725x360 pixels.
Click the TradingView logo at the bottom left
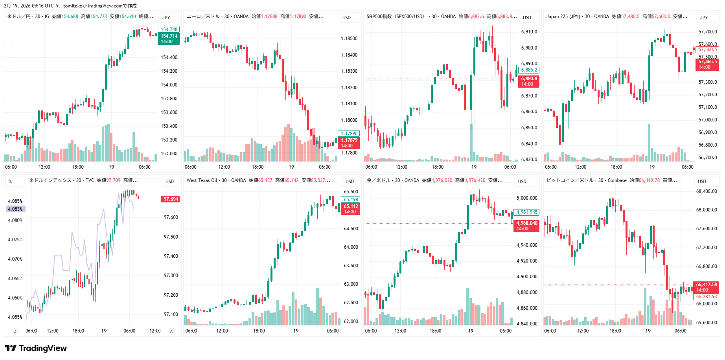[36, 348]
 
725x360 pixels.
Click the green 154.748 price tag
[169, 29]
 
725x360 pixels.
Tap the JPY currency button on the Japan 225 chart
[704, 17]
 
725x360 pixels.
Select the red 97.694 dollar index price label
[171, 199]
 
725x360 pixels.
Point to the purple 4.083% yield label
[15, 209]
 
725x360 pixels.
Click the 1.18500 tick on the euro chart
[349, 39]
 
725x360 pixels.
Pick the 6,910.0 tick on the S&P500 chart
[529, 32]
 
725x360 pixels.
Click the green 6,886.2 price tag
[529, 70]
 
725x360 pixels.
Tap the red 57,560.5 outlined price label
[707, 50]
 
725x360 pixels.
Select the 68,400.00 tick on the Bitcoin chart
[707, 191]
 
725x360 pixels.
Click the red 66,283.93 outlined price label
[707, 297]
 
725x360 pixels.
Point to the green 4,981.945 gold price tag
[527, 212]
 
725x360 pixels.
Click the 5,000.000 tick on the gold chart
[527, 198]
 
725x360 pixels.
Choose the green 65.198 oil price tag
[351, 200]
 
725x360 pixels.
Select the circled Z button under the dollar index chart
[15, 331]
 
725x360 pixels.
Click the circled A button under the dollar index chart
[171, 331]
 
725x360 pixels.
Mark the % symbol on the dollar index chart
[10, 182]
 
